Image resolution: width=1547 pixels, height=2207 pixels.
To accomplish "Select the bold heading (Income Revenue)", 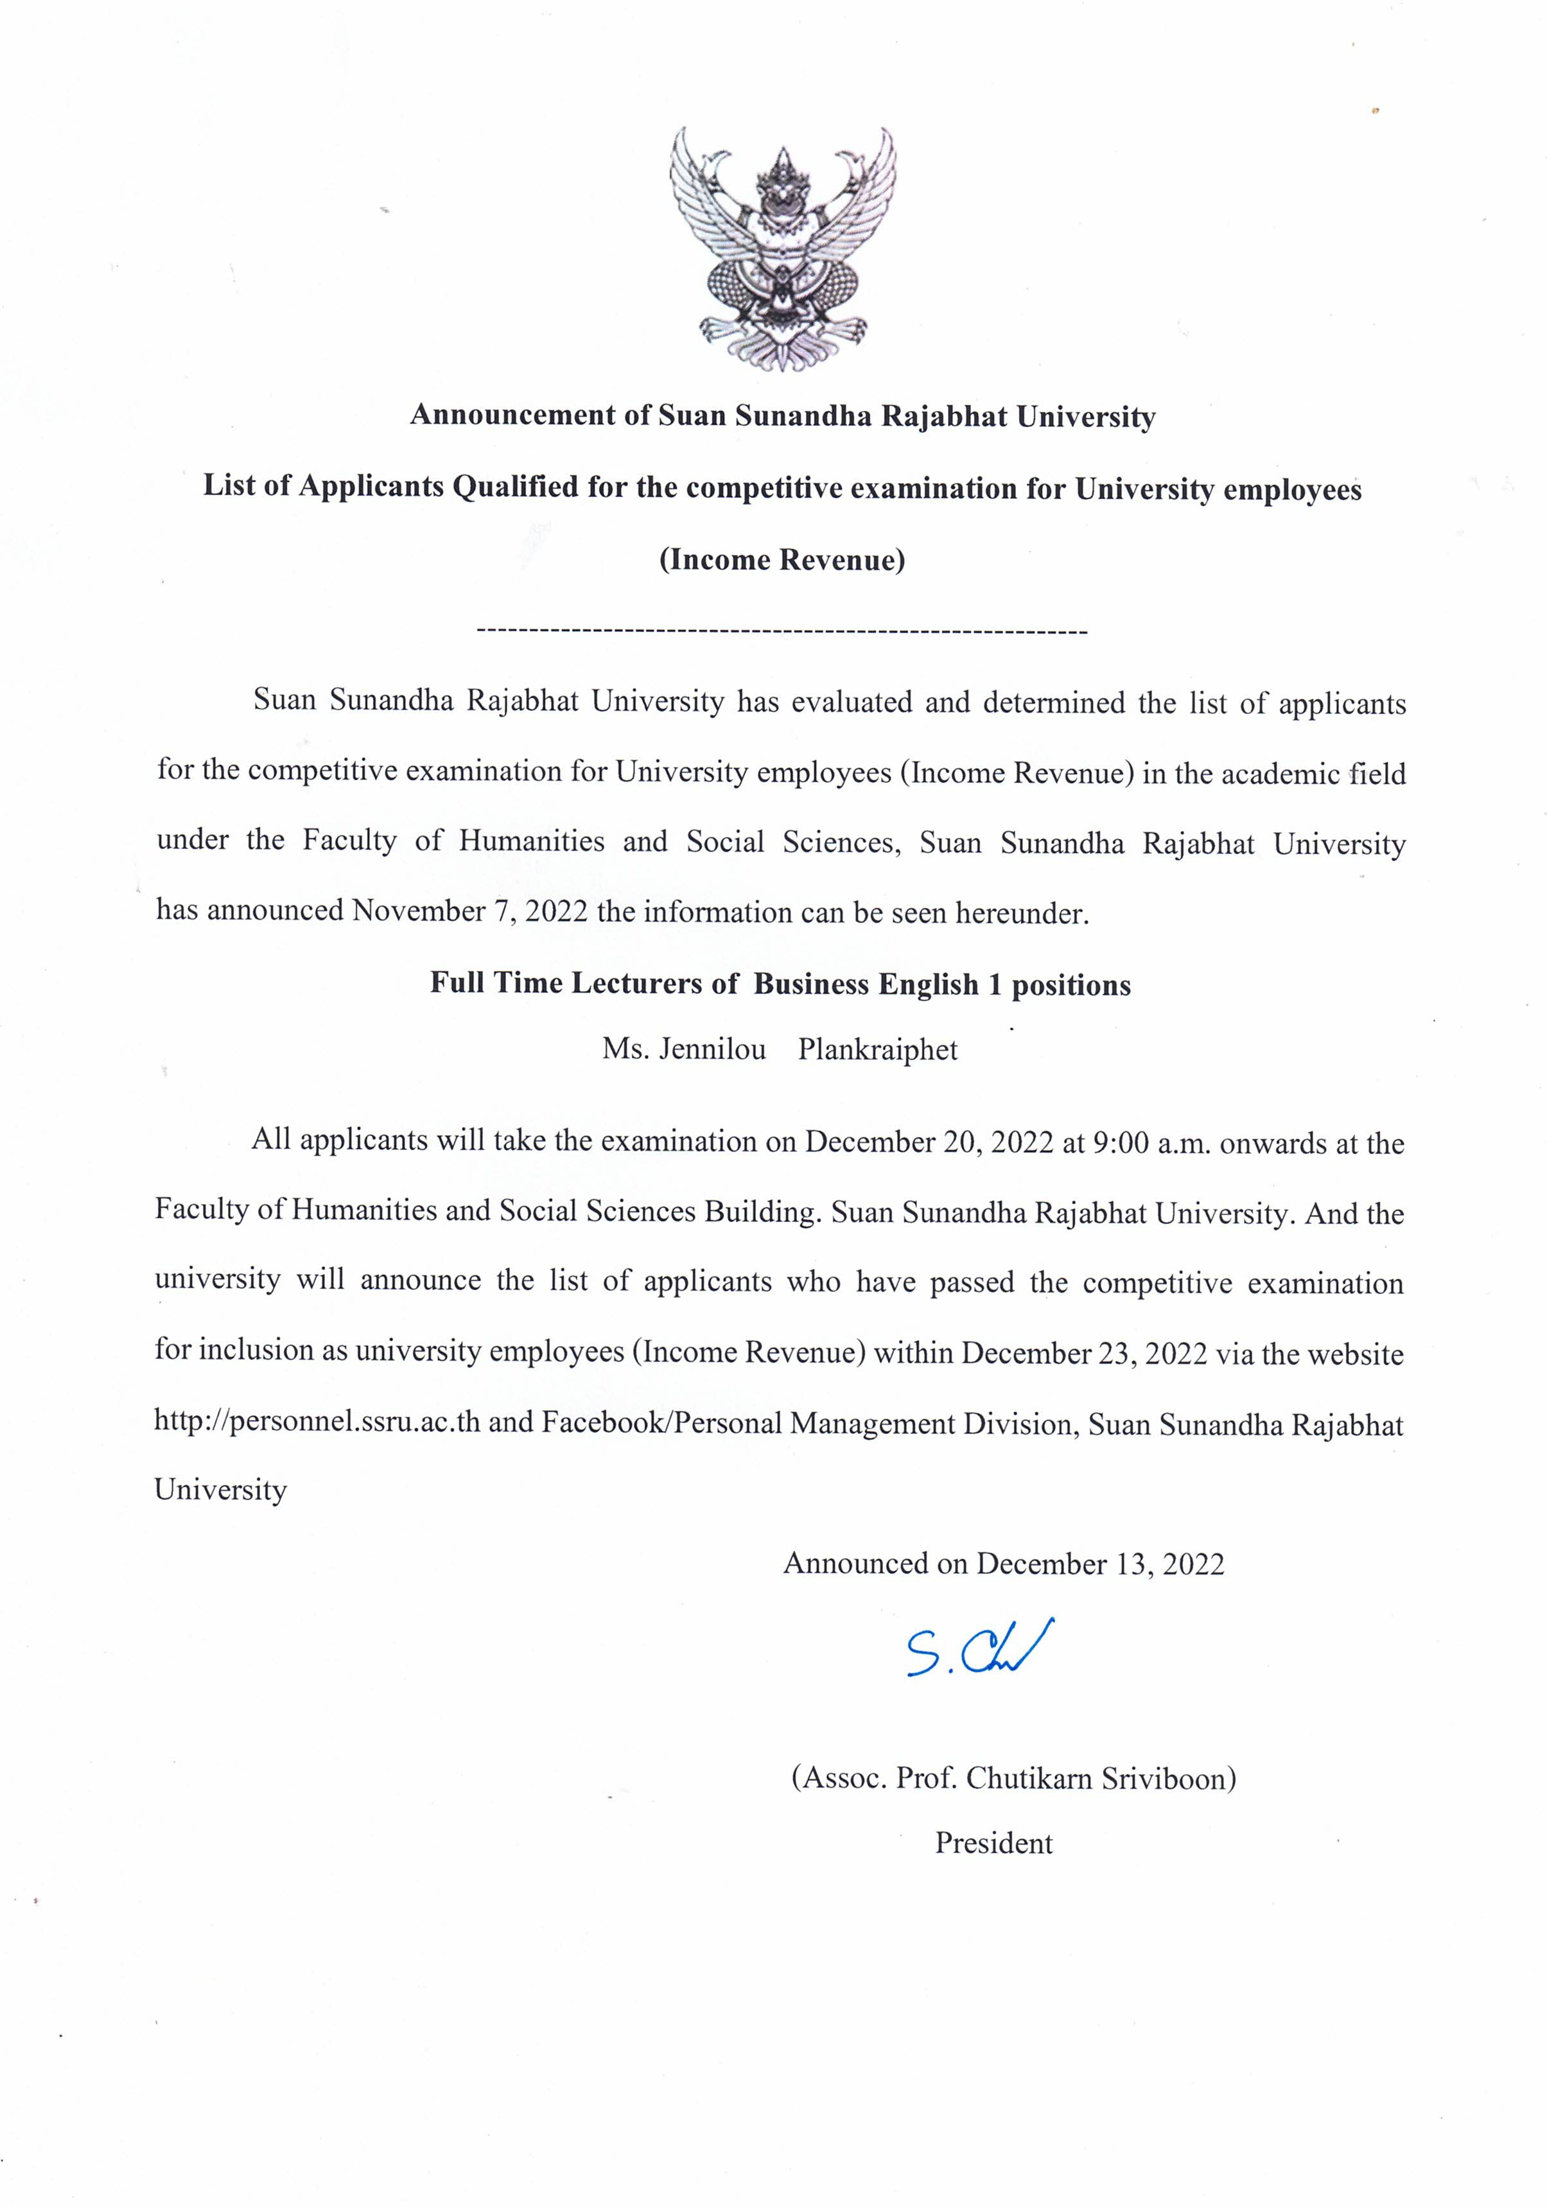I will (x=782, y=559).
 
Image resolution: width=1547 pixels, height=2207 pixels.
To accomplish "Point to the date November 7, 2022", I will (x=469, y=911).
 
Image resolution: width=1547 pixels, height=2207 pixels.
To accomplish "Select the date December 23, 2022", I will (x=1083, y=1352).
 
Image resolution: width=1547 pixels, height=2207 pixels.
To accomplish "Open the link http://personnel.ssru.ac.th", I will (x=317, y=1422).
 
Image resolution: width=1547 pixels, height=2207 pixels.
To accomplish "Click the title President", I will (x=993, y=1843).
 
